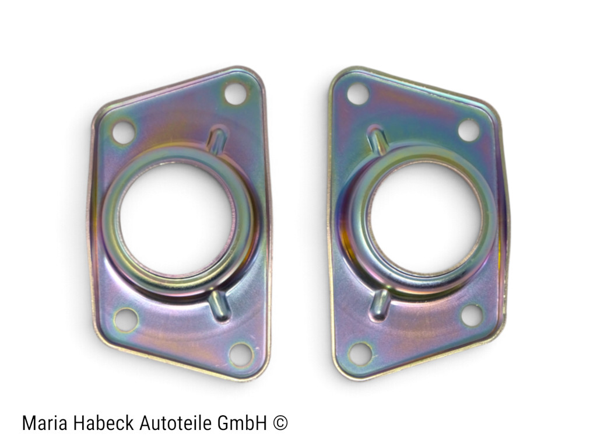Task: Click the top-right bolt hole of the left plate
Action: point(236,93)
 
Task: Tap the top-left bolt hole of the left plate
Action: point(124,131)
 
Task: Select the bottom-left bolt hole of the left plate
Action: point(126,319)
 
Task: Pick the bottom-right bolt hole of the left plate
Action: point(241,354)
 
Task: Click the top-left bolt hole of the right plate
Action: point(358,93)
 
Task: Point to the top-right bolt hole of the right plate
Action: point(469,130)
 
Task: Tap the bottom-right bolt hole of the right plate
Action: point(472,316)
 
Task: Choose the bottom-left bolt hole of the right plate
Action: point(360,353)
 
